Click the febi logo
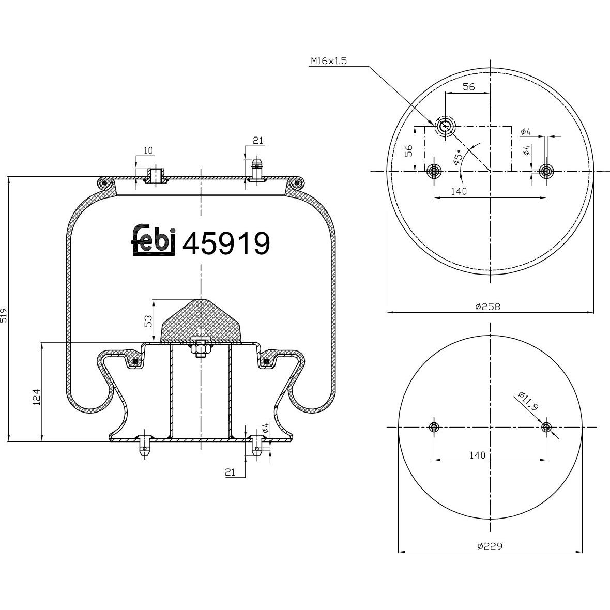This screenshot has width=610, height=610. (154, 240)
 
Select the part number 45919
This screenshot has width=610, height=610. (226, 243)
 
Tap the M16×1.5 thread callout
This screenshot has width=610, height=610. (328, 61)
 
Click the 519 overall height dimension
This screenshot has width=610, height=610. (4, 315)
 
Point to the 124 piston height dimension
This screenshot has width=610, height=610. (37, 397)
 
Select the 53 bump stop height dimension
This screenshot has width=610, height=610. (148, 322)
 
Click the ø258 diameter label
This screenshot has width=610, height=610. (488, 307)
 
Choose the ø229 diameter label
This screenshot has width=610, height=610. (490, 546)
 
